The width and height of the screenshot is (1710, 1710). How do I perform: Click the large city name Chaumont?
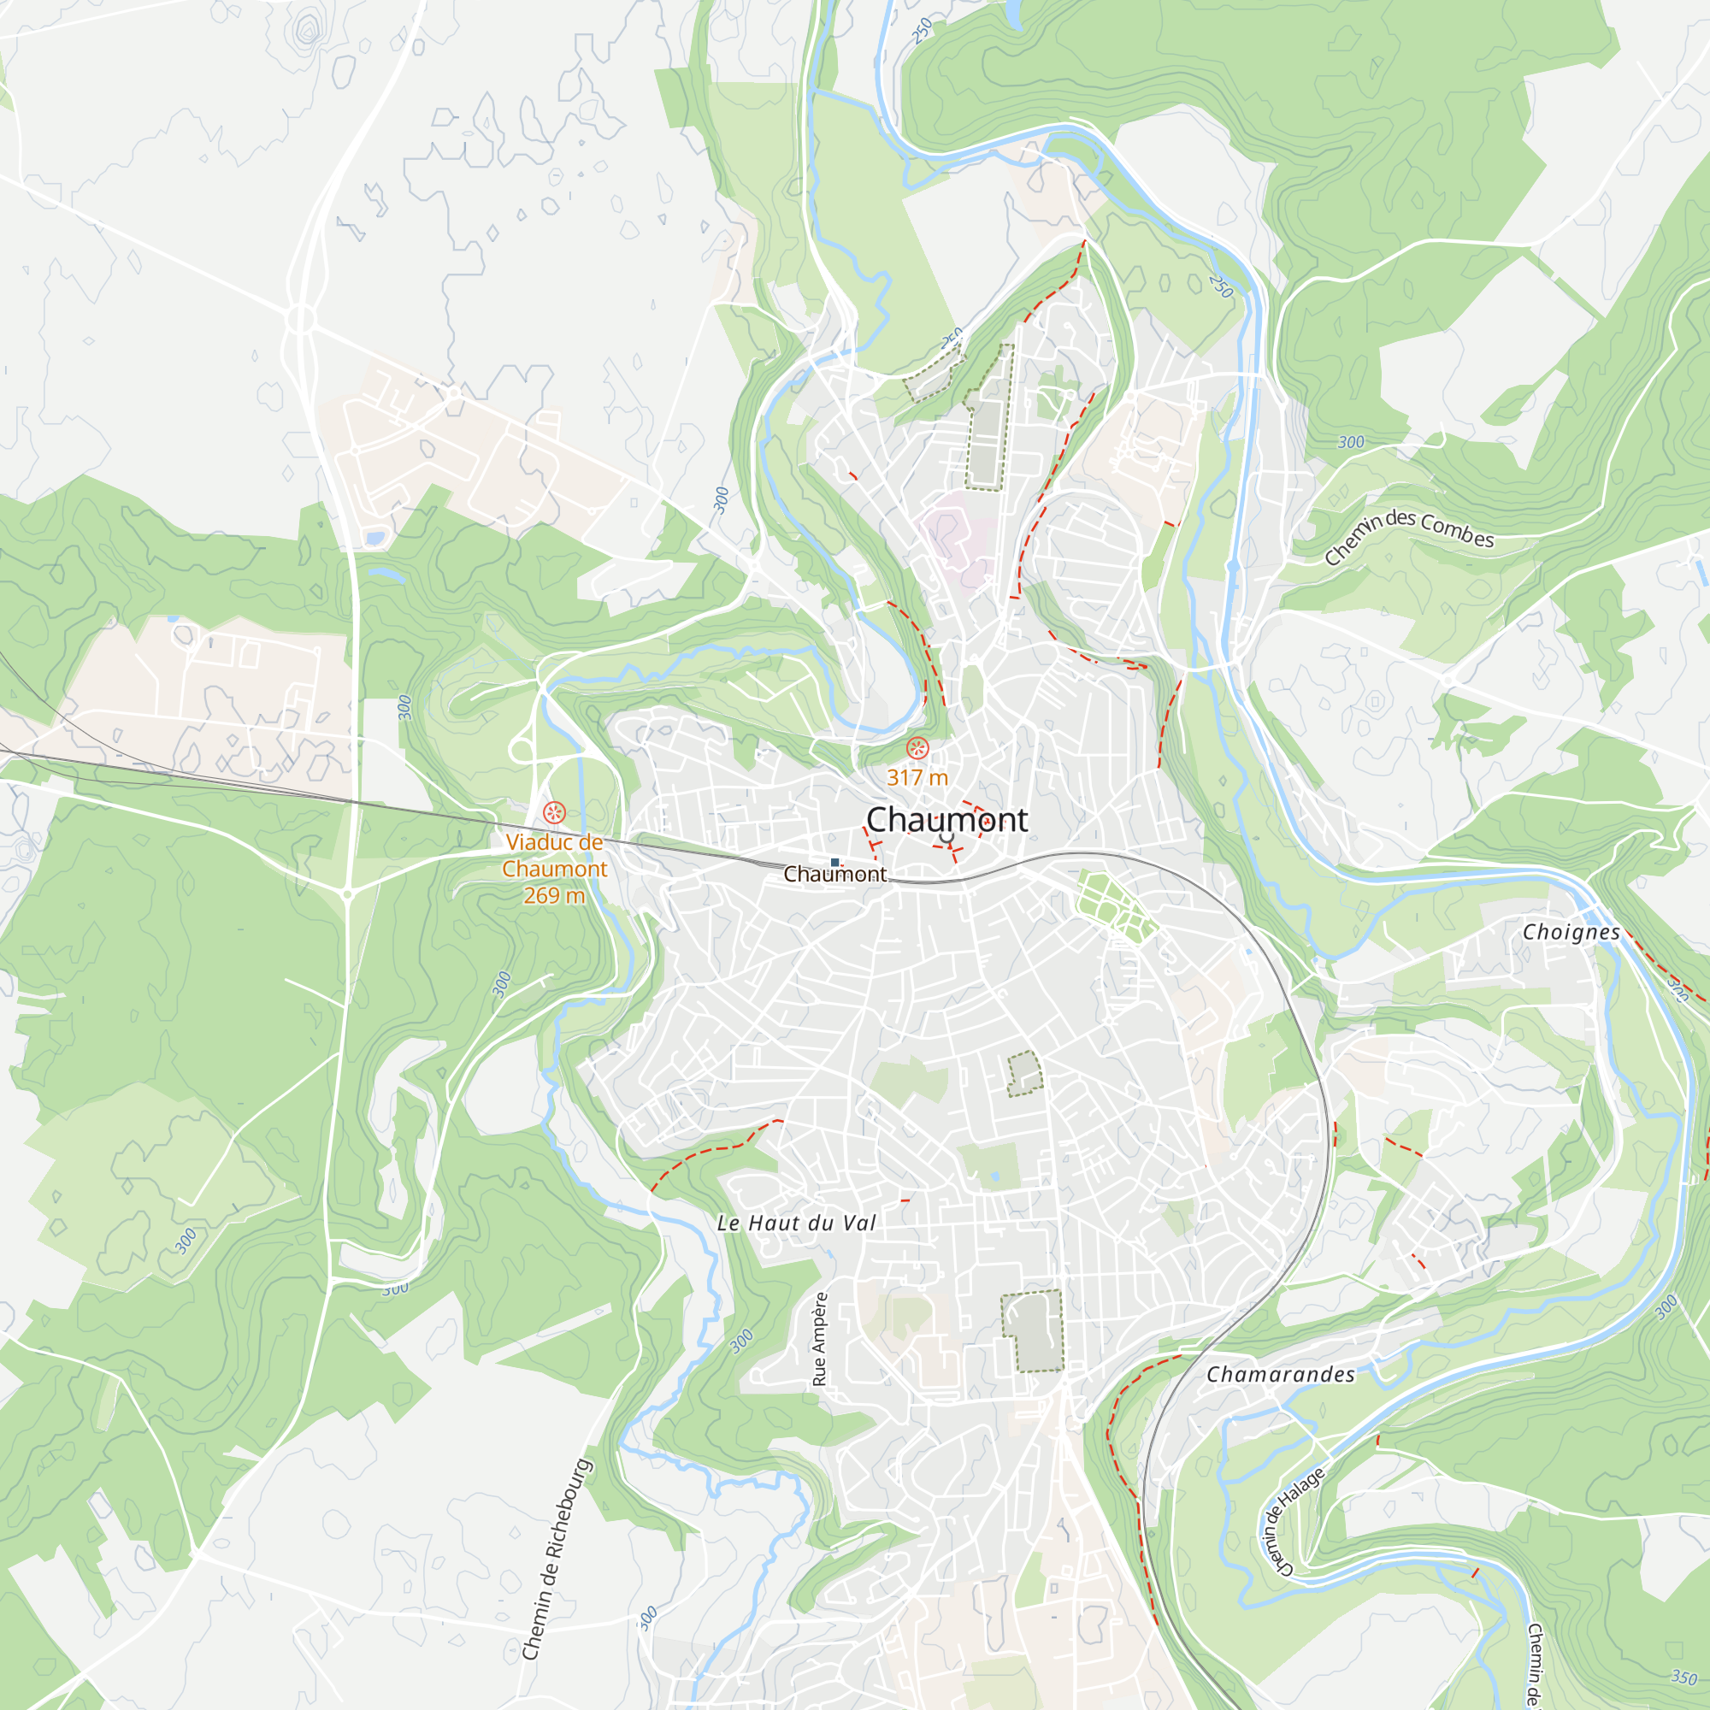[946, 820]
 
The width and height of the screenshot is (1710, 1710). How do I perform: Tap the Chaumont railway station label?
[834, 875]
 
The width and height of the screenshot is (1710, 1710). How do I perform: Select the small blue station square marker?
[834, 862]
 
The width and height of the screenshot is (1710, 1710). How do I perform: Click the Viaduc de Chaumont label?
[554, 856]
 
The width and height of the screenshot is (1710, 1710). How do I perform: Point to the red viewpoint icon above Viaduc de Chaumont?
[554, 811]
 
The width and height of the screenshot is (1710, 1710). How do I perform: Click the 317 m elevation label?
[917, 778]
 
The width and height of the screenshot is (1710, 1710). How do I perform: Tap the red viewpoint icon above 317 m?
[917, 749]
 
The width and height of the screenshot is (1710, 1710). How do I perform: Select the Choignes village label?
[1571, 933]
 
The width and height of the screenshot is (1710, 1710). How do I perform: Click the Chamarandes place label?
[1280, 1375]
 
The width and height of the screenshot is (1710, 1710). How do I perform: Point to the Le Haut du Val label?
[796, 1224]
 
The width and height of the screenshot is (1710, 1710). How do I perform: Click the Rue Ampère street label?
[819, 1339]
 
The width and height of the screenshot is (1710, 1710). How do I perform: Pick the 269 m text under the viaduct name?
[554, 896]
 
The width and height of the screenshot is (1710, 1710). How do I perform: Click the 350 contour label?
[1683, 1678]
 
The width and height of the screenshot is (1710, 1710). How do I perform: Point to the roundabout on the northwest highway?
[301, 318]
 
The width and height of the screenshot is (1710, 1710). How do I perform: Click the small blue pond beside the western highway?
[374, 537]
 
